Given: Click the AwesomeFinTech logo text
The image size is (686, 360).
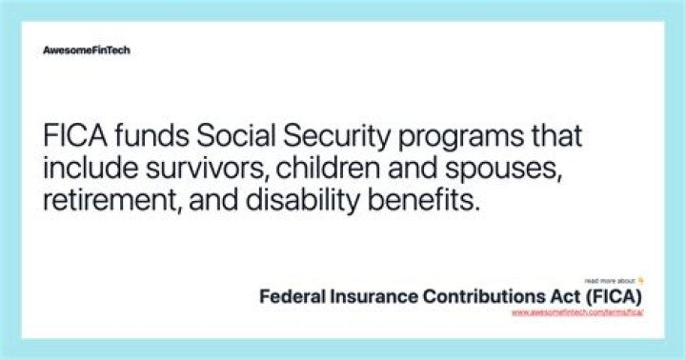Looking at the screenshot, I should (87, 50).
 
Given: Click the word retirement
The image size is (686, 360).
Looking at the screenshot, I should (106, 202).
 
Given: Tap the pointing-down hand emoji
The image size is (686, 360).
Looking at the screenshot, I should (642, 281).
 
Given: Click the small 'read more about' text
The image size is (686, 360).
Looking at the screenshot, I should (610, 282).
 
